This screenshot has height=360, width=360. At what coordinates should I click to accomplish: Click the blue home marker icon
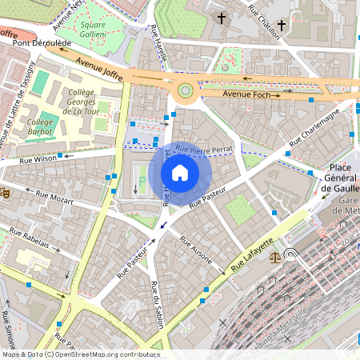pyautogui.click(x=180, y=172)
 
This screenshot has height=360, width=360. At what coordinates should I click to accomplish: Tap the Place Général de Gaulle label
pyautogui.click(x=341, y=178)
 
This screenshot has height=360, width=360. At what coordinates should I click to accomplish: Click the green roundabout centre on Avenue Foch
pyautogui.click(x=186, y=91)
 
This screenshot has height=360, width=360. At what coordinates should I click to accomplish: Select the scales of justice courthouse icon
pyautogui.click(x=276, y=258)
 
